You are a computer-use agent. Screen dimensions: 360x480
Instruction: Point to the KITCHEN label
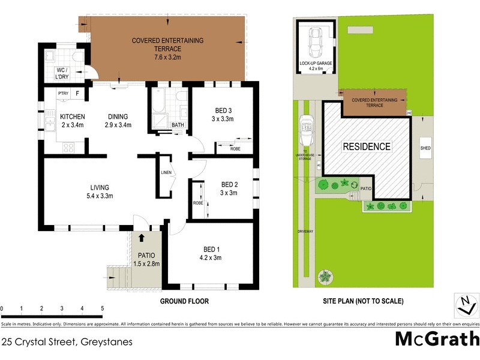[72, 116]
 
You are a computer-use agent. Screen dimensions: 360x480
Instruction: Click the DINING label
[118, 116]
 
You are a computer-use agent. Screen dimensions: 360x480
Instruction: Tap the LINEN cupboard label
[166, 173]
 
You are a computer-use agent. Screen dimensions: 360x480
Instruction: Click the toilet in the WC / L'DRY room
[76, 56]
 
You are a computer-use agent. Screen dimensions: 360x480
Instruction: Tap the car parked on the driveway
[306, 130]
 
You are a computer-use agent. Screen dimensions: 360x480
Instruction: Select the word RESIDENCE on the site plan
[367, 146]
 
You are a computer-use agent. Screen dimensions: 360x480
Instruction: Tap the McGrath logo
[437, 339]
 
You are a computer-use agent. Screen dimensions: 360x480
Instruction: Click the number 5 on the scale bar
[103, 308]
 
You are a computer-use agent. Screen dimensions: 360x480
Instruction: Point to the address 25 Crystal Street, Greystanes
[67, 342]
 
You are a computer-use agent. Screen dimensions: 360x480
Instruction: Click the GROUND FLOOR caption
[184, 301]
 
